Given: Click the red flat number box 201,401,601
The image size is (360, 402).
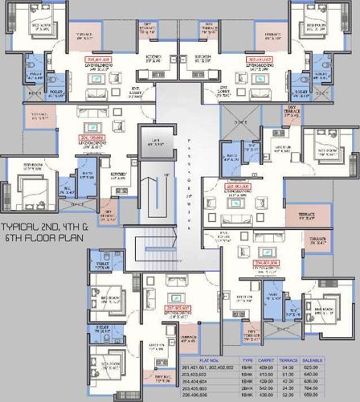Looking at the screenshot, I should pyautogui.click(x=98, y=59).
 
